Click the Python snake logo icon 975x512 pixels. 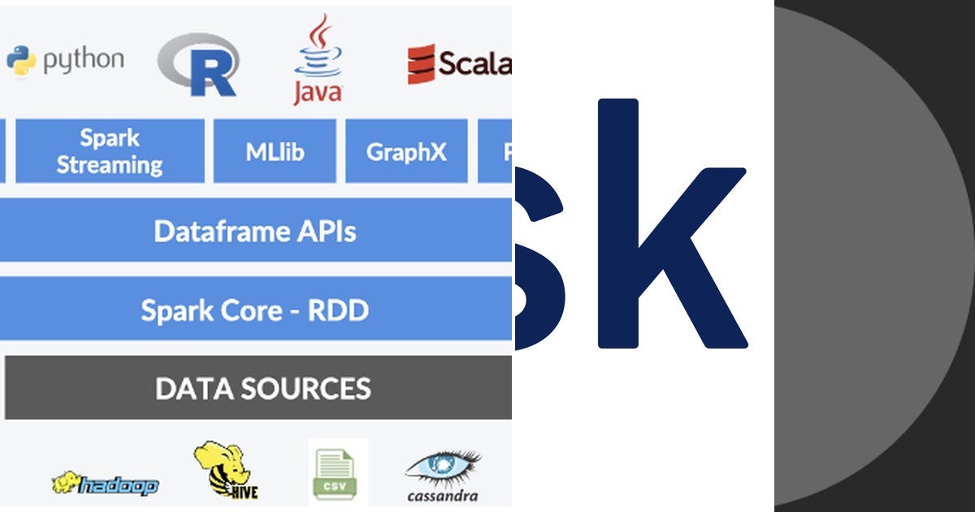(x=21, y=59)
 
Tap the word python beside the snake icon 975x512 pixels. (x=84, y=60)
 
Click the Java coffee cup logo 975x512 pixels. (x=318, y=57)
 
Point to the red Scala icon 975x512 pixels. (x=421, y=64)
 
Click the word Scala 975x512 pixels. (x=474, y=63)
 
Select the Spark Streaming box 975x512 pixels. (x=110, y=151)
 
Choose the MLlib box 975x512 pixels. (x=275, y=151)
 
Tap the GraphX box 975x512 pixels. (x=406, y=151)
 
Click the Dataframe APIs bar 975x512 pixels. (x=255, y=232)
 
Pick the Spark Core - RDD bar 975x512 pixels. (x=255, y=310)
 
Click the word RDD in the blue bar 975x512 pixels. (x=337, y=310)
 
